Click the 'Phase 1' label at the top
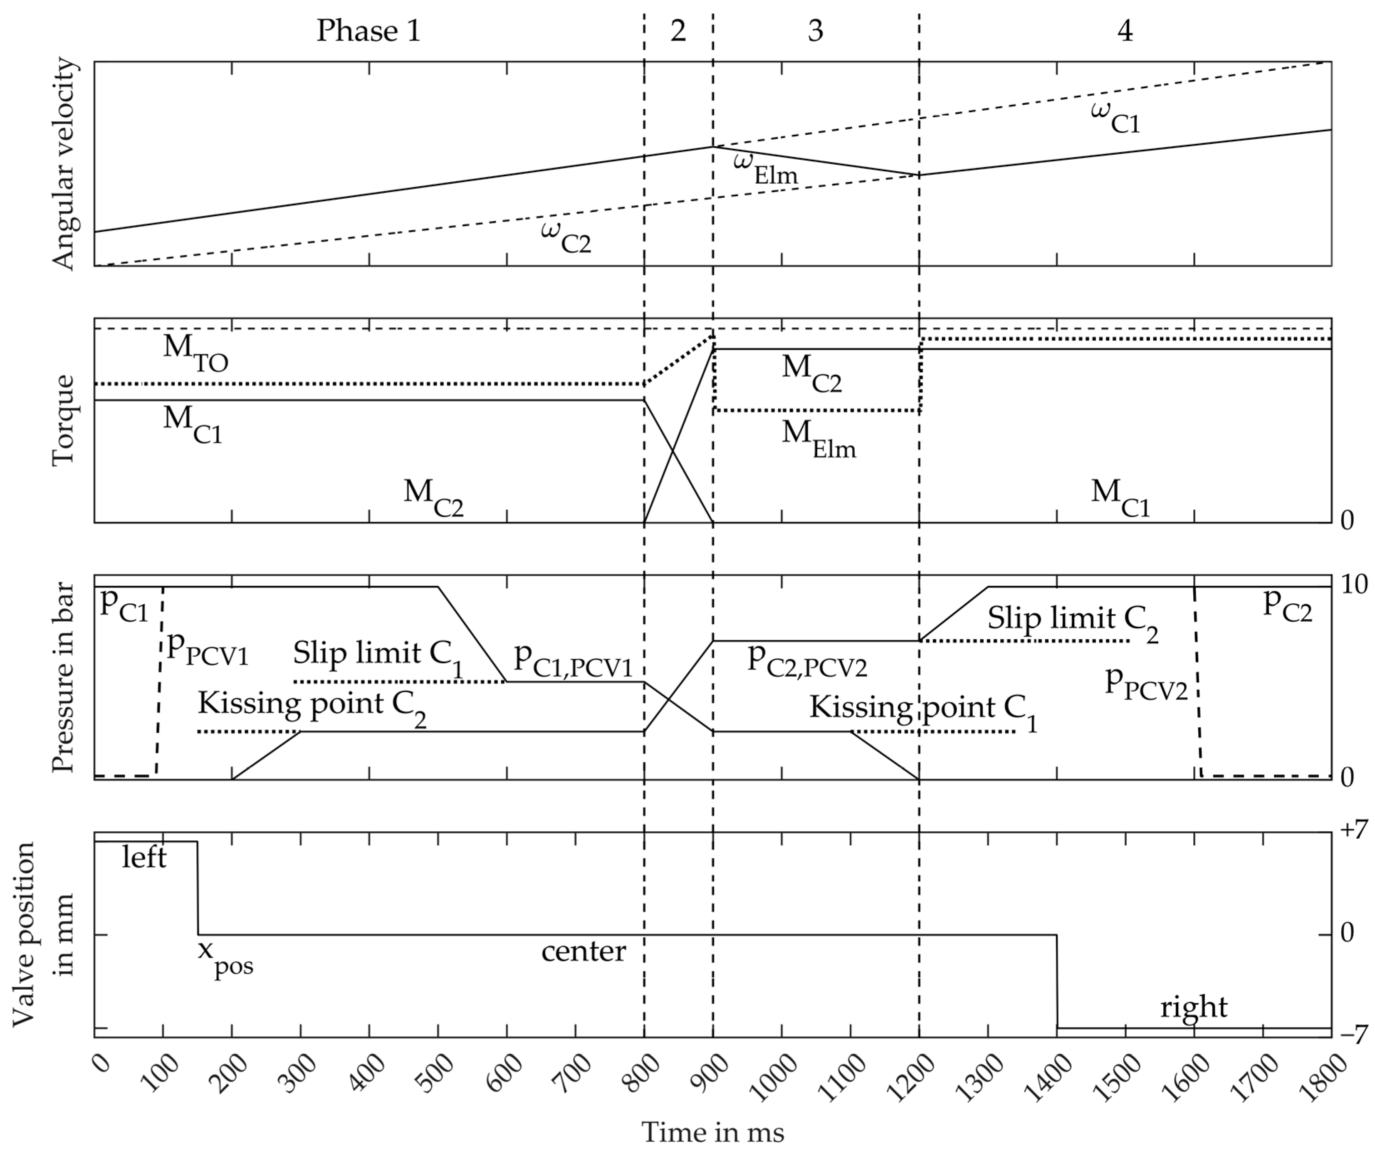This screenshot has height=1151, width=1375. click(x=368, y=31)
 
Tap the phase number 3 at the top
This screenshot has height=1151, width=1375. click(x=815, y=31)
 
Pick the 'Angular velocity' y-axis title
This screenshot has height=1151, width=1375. click(x=65, y=164)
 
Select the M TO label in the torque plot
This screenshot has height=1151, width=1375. click(x=195, y=352)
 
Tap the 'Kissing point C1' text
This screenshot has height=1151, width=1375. click(x=924, y=711)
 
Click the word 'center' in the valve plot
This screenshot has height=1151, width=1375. click(x=584, y=951)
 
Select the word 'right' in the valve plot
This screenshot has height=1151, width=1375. click(x=1194, y=1008)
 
